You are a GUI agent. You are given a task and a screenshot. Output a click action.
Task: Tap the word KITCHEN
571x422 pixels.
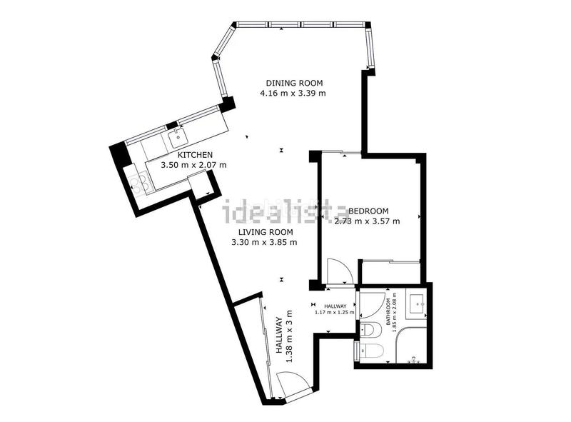pyautogui.click(x=195, y=155)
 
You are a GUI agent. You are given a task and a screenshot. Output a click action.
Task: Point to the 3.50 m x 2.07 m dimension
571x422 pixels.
pyautogui.click(x=194, y=165)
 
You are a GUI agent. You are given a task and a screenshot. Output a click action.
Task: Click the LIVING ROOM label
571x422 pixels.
pyautogui.click(x=264, y=232)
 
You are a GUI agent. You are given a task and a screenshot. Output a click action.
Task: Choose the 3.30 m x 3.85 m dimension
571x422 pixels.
pyautogui.click(x=264, y=242)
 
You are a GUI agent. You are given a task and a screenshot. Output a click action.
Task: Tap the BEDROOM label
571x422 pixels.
pyautogui.click(x=368, y=211)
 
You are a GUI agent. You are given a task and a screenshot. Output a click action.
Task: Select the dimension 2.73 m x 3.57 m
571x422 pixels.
pyautogui.click(x=367, y=221)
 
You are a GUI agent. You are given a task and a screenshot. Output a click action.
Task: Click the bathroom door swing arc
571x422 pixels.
pyautogui.click(x=370, y=304)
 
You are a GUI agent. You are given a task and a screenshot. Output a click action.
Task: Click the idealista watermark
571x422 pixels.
pyautogui.click(x=285, y=210)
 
